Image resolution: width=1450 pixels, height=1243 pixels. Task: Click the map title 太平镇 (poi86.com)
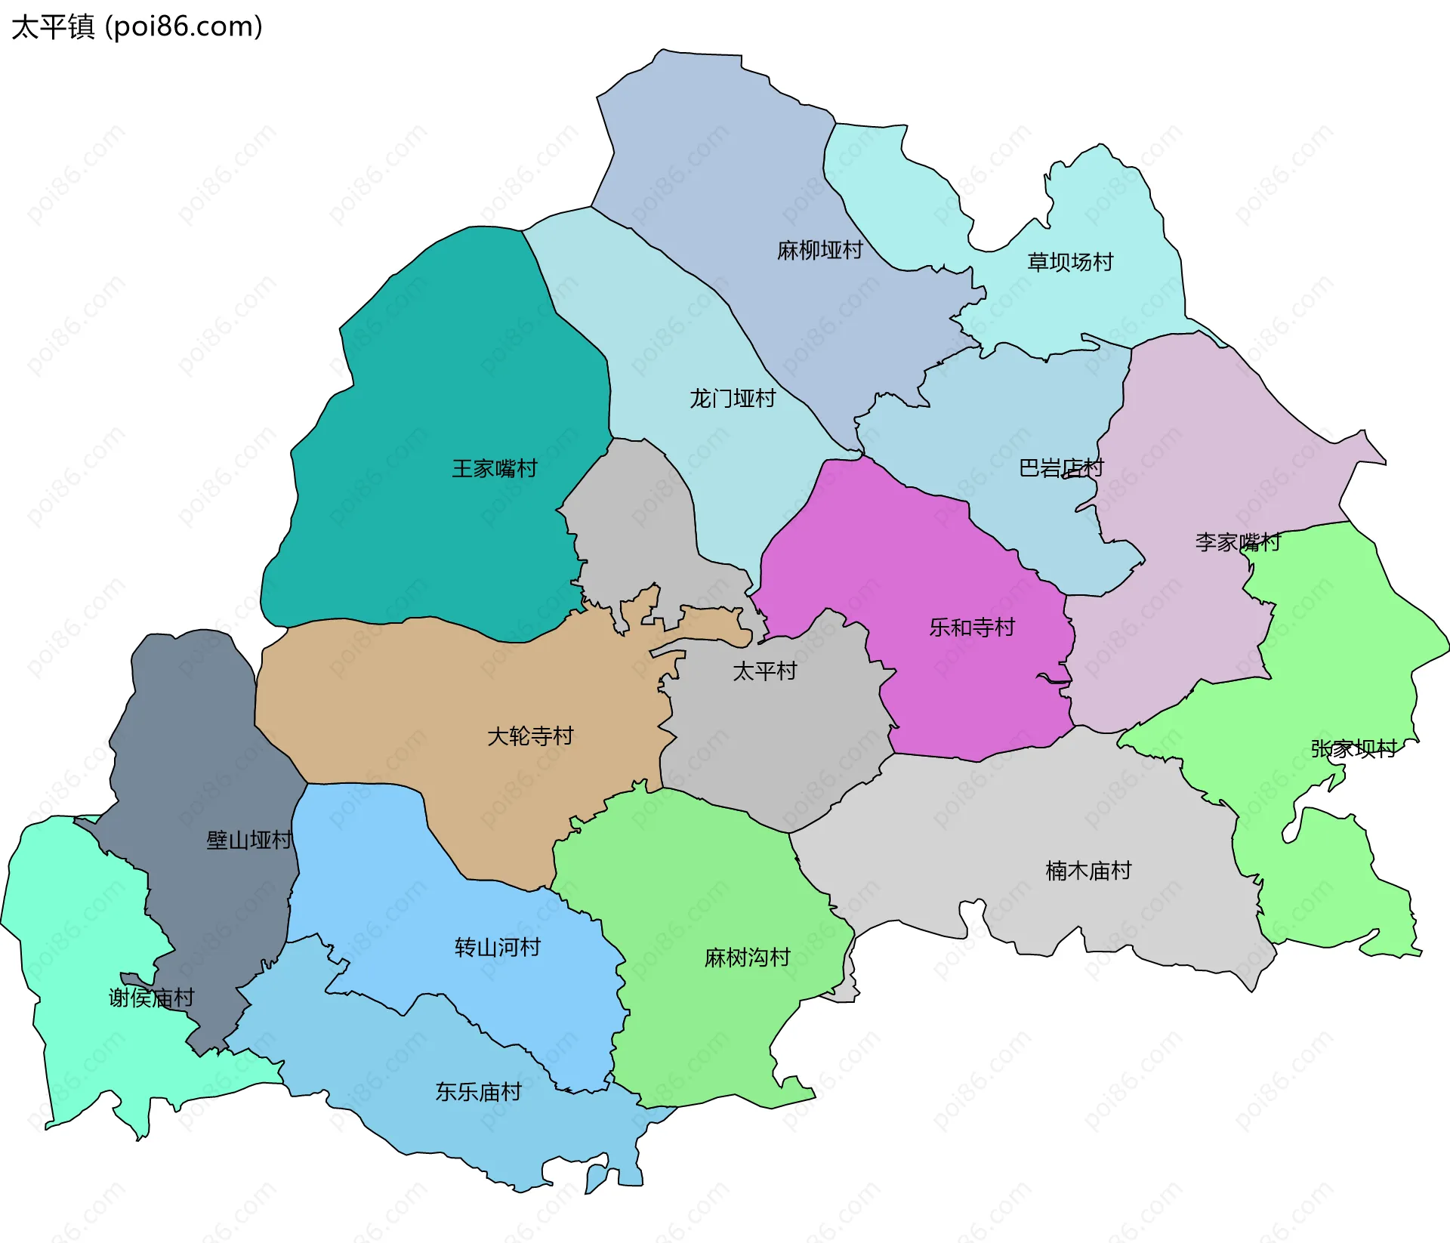tap(137, 26)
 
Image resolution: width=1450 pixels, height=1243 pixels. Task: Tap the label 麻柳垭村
tap(819, 250)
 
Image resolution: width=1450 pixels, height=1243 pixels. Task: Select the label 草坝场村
tap(1069, 262)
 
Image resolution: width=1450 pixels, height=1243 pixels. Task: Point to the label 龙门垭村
tap(732, 398)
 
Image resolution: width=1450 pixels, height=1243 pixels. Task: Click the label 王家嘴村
tap(495, 468)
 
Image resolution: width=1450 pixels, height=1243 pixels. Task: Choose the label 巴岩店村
tap(1060, 468)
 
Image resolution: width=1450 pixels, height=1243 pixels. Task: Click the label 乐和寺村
tap(971, 627)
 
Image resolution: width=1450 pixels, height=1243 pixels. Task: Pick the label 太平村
tap(764, 671)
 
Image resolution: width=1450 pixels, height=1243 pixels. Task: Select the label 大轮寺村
tap(530, 736)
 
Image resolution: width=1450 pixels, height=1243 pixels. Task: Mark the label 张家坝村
tap(1353, 748)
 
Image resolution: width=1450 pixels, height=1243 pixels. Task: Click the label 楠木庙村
tap(1087, 871)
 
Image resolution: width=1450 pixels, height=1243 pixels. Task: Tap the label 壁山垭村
tap(248, 840)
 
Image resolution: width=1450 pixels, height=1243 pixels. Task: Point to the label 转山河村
tap(497, 947)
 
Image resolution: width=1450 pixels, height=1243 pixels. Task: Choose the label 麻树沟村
tap(746, 958)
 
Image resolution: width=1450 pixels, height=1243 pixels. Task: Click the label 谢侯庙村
tap(151, 998)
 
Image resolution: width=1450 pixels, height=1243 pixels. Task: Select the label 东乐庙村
tap(478, 1091)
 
